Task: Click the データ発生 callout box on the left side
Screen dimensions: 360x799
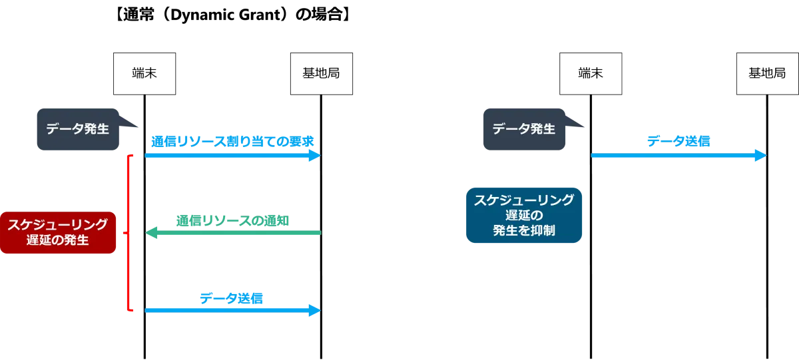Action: click(77, 130)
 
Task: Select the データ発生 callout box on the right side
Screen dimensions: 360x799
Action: click(524, 129)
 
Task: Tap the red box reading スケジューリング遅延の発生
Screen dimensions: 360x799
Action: click(58, 232)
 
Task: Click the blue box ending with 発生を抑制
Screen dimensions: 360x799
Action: click(524, 214)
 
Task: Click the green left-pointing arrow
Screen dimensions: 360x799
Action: click(233, 232)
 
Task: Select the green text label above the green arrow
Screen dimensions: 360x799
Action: click(233, 220)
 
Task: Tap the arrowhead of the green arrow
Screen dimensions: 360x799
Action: click(151, 232)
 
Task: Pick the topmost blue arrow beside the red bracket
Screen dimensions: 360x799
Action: click(233, 155)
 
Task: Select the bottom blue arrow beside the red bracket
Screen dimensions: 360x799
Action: click(233, 310)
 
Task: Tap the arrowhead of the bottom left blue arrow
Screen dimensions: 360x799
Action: click(315, 310)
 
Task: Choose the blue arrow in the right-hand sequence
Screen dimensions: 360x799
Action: click(679, 155)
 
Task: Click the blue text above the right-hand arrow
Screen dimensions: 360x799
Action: click(678, 141)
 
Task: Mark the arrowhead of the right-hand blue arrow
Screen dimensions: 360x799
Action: click(761, 155)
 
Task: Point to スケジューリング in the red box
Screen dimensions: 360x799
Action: click(58, 225)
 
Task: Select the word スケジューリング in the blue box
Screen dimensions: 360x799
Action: click(524, 200)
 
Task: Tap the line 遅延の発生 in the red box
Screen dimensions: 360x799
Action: click(58, 240)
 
